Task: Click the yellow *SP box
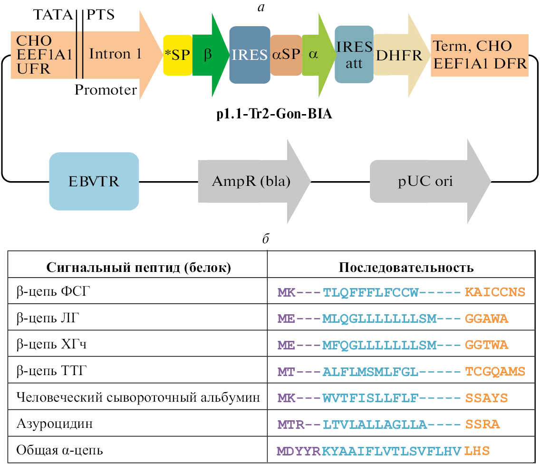(x=177, y=55)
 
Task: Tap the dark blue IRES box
(x=250, y=55)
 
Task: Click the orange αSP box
(x=286, y=55)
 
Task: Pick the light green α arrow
(x=316, y=55)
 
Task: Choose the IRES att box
(x=354, y=55)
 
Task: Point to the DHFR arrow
(x=399, y=55)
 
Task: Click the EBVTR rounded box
(x=94, y=181)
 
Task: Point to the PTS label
(x=101, y=15)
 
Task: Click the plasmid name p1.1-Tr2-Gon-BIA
(x=273, y=116)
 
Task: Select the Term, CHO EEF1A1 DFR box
(x=480, y=55)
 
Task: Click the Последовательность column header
(x=406, y=267)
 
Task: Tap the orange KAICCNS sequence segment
(x=495, y=291)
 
